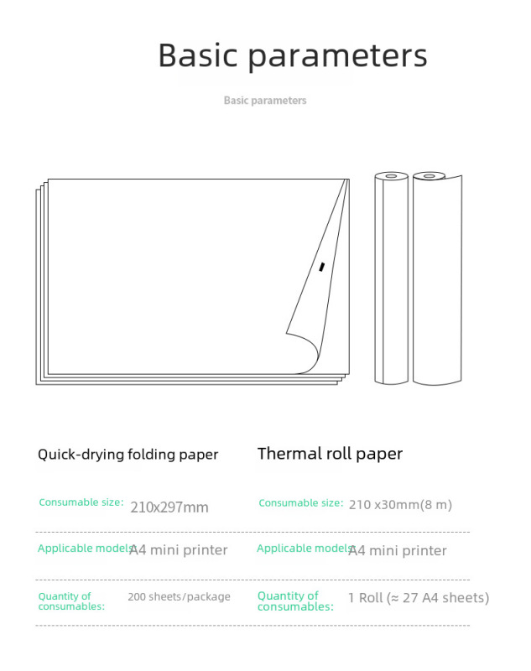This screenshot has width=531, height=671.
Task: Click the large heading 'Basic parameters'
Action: point(293,55)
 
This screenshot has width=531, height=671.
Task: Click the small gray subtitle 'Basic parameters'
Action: point(265,101)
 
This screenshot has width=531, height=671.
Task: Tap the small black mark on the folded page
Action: point(321,267)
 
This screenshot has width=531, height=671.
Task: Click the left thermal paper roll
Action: point(391,277)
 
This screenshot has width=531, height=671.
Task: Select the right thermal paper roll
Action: point(436,277)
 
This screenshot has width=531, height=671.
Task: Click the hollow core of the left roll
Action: point(391,176)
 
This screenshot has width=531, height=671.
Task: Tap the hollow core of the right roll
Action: point(429,176)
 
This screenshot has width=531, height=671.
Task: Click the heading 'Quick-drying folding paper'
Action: point(128,455)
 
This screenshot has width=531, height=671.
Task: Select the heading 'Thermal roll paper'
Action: point(330,454)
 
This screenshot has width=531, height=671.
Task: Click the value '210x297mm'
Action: point(169,507)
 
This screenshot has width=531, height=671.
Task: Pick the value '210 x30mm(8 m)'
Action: point(400,504)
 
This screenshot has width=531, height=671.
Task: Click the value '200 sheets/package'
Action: point(179,597)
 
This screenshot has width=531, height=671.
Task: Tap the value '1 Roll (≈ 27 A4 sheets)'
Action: point(419,598)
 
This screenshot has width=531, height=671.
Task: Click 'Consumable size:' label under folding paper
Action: point(81,502)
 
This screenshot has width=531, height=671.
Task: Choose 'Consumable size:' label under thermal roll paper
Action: point(300,503)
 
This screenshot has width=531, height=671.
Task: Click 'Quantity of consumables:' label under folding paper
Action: point(70,601)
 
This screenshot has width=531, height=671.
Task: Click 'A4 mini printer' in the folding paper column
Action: point(179,550)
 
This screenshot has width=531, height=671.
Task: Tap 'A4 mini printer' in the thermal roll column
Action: point(398,550)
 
